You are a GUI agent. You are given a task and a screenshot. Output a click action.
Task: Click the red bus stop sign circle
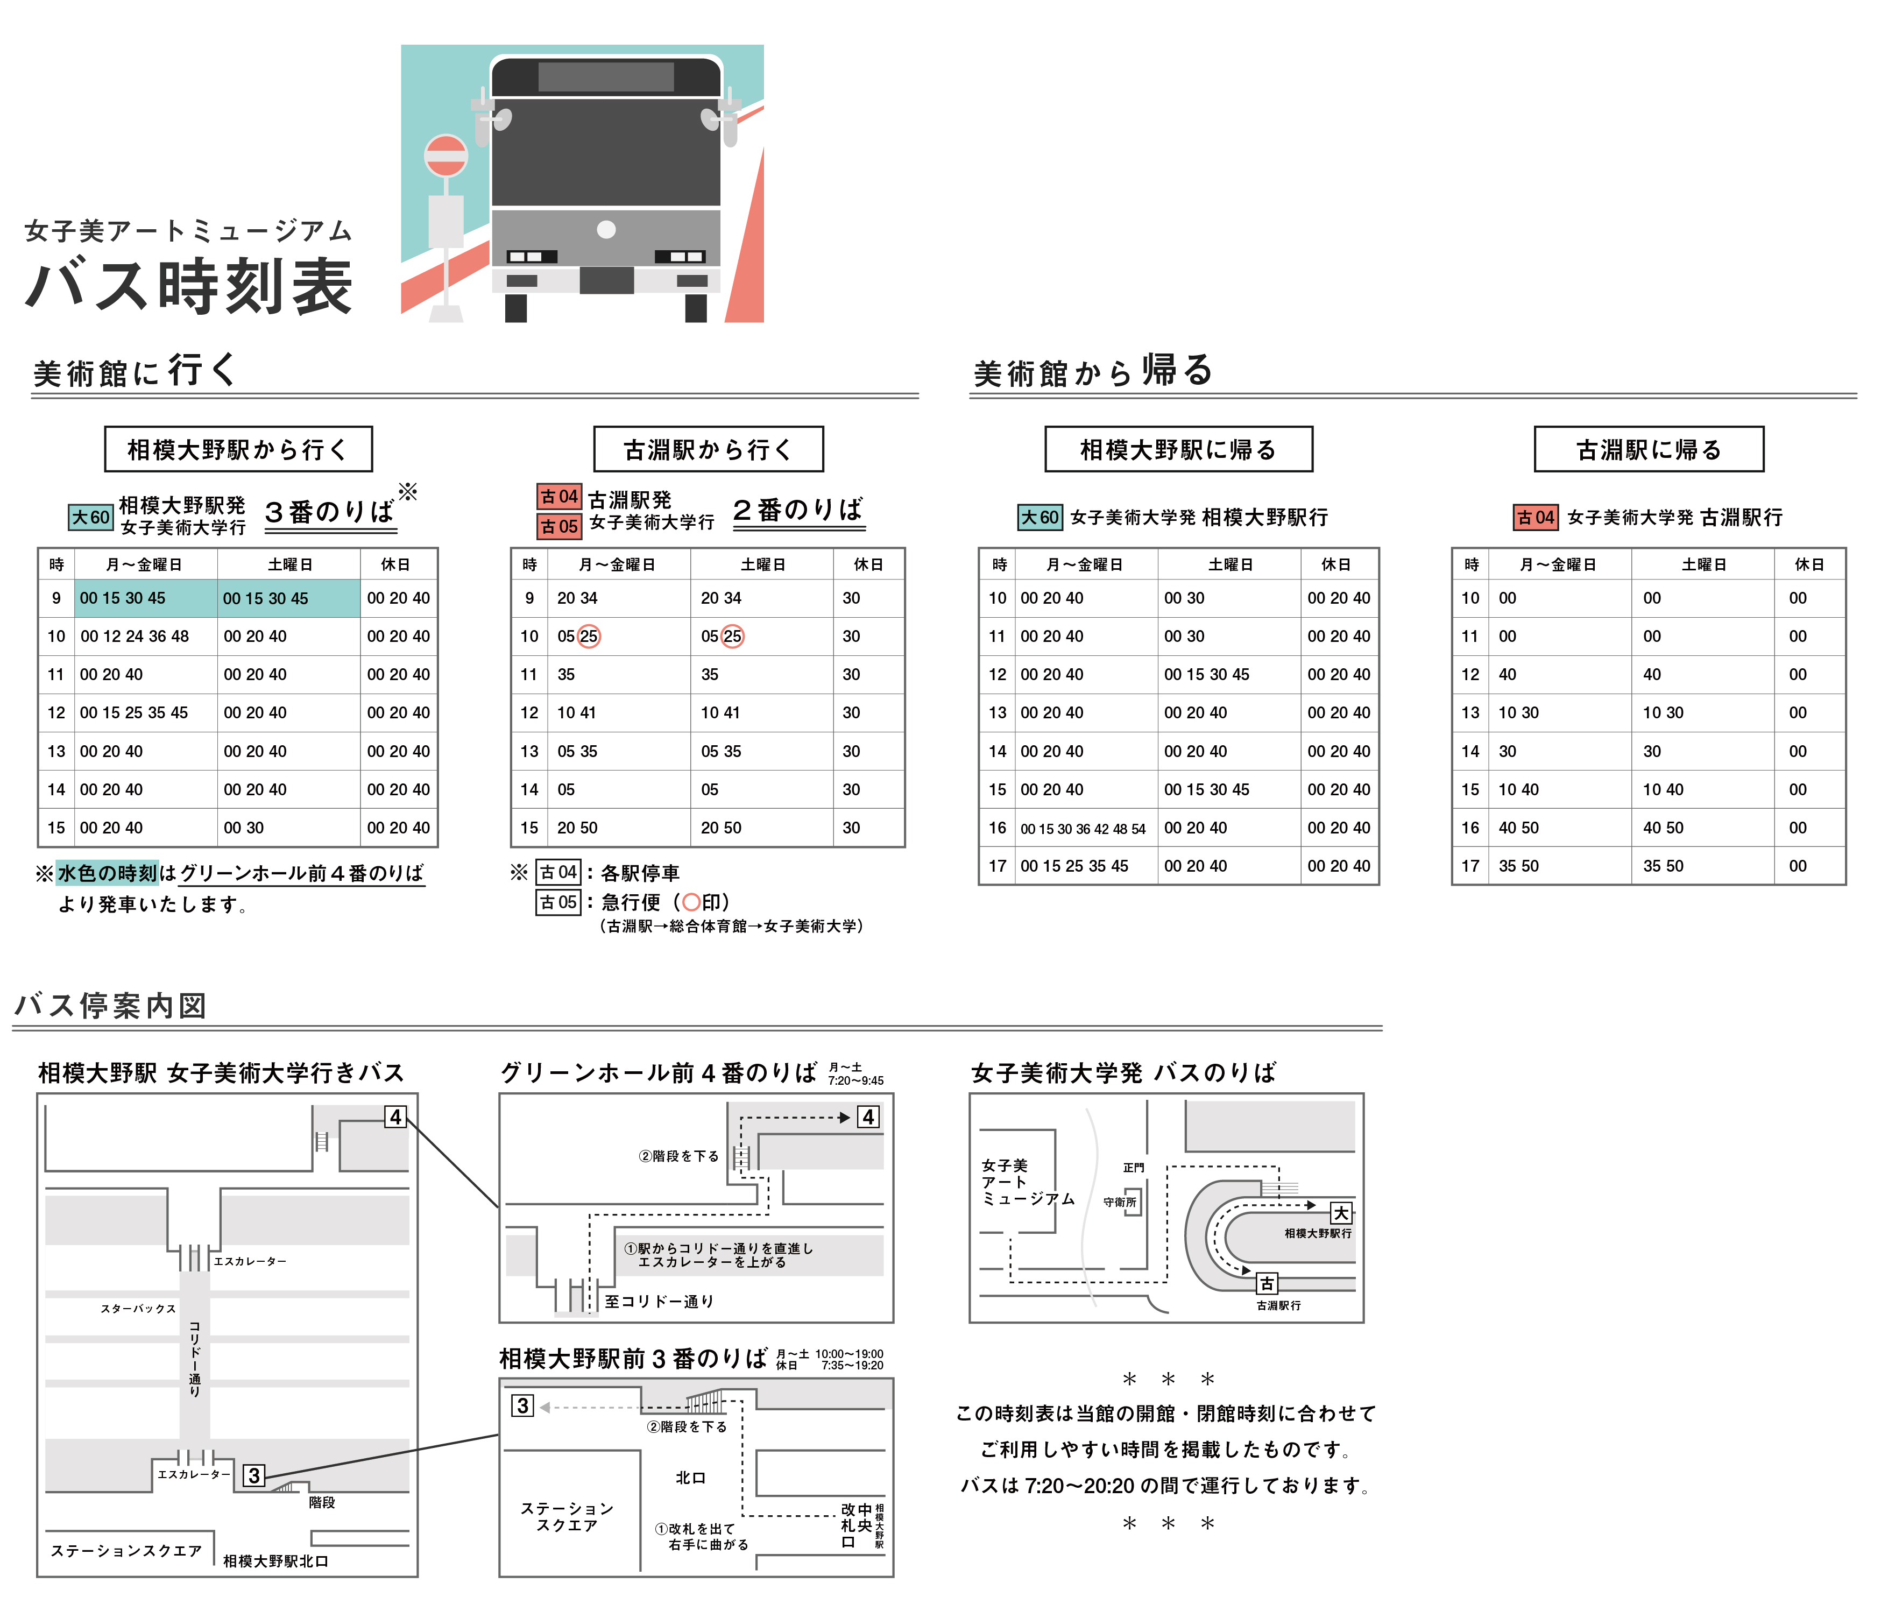(446, 156)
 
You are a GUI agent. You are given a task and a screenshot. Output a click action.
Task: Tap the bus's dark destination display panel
(606, 76)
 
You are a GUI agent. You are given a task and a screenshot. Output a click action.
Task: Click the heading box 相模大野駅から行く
(238, 449)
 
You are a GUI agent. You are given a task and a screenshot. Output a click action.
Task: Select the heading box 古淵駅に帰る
(1649, 449)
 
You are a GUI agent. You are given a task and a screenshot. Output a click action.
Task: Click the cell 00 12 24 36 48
(135, 636)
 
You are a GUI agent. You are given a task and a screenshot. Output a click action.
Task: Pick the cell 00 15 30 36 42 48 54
(1083, 828)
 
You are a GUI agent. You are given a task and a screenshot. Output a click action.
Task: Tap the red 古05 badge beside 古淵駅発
(558, 527)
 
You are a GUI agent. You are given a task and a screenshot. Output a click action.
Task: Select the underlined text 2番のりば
(798, 510)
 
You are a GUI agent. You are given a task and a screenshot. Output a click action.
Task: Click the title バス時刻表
(189, 286)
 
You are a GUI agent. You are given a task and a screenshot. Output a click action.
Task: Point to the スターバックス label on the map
(138, 1309)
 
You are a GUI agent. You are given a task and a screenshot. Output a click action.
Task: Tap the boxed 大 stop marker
(1340, 1213)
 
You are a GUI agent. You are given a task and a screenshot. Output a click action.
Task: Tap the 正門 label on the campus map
(1134, 1167)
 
